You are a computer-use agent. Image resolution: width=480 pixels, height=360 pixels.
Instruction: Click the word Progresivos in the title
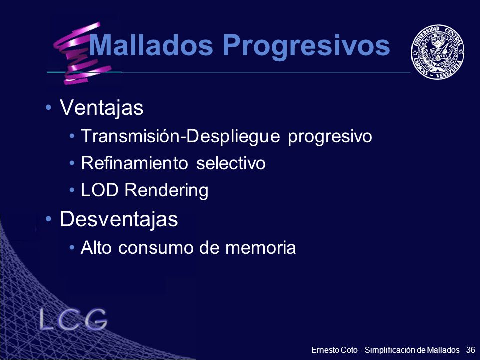coord(306,46)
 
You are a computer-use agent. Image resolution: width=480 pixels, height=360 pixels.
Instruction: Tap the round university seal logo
coord(437,52)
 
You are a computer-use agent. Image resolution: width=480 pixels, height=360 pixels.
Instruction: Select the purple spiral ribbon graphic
coord(82,53)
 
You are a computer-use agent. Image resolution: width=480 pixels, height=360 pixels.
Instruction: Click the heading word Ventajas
coord(102,108)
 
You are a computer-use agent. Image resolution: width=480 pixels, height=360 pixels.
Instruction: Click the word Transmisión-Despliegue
coord(180,136)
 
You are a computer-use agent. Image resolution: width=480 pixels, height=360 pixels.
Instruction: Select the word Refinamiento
coord(134,163)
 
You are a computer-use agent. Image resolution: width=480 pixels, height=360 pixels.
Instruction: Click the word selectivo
coord(231,163)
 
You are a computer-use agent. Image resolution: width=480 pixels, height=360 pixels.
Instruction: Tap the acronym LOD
coord(99,190)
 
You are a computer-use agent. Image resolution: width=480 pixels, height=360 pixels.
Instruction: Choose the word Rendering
coord(166,191)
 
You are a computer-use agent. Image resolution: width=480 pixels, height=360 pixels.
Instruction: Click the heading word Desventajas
coord(119,219)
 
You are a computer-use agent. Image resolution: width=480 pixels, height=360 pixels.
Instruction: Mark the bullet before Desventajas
coord(48,219)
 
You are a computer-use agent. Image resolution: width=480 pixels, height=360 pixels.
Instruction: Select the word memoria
coord(261,247)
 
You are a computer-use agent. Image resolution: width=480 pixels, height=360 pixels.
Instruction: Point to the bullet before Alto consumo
coord(72,247)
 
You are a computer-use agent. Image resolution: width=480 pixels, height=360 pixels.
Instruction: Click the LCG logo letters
coord(73,319)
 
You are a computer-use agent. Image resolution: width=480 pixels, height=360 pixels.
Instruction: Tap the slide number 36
coord(471,350)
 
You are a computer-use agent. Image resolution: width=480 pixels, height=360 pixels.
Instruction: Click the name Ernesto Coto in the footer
coord(334,350)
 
